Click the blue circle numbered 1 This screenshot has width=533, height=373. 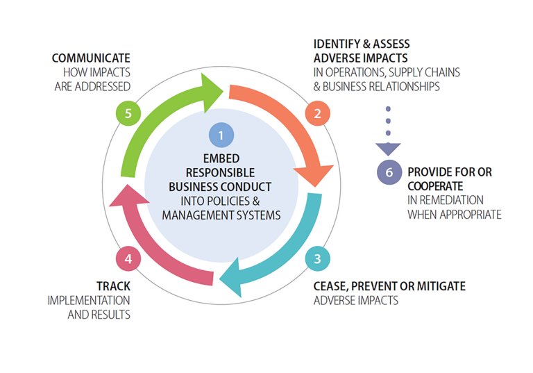tap(221, 134)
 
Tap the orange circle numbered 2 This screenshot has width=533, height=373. tap(317, 113)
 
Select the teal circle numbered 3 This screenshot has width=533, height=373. tap(317, 260)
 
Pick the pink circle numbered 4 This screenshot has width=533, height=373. tap(128, 260)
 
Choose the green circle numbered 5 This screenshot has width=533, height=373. tap(128, 113)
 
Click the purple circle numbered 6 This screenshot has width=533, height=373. tap(388, 171)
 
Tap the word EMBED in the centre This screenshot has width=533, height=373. tap(221, 158)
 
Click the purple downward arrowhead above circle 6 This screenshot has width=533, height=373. tap(388, 148)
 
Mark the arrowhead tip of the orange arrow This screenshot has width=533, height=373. tap(315, 185)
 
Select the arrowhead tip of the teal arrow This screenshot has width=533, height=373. tap(220, 281)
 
